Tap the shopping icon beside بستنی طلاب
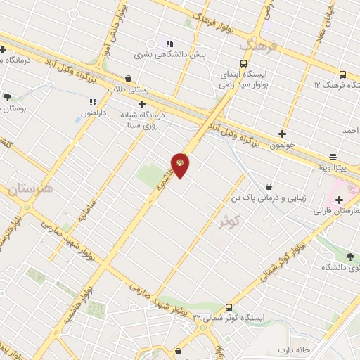pyautogui.click(x=128, y=78)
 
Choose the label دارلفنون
pyautogui.click(x=91, y=112)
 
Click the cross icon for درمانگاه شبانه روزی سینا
pyautogui.click(x=142, y=104)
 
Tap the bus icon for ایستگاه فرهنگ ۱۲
pyautogui.click(x=342, y=75)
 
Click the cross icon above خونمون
pyautogui.click(x=282, y=133)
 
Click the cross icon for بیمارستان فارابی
pyautogui.click(x=339, y=200)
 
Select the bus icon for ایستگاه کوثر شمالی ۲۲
pyautogui.click(x=229, y=307)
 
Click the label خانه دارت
pyautogui.click(x=294, y=349)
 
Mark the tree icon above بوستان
pyautogui.click(x=7, y=97)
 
